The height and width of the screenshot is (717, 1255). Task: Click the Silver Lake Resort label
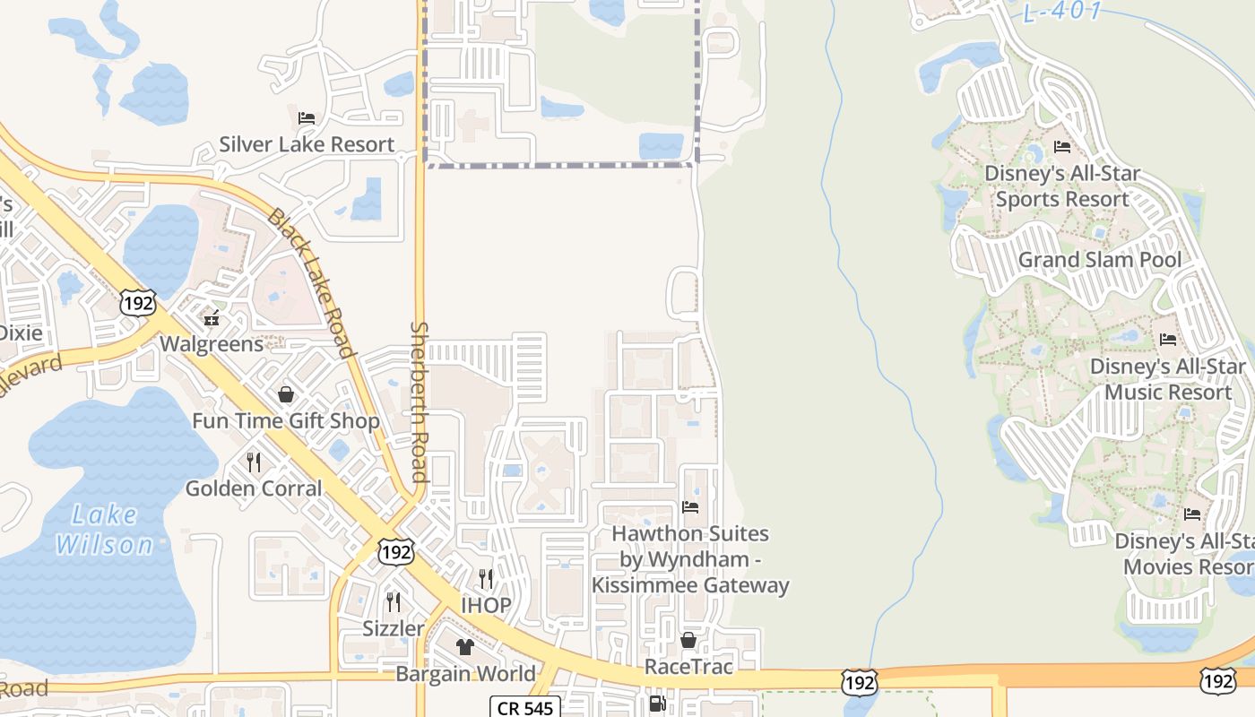click(307, 144)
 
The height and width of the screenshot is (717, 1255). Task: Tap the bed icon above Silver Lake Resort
click(307, 117)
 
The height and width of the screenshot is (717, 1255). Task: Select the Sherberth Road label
click(419, 402)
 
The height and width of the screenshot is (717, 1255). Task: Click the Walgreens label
click(212, 344)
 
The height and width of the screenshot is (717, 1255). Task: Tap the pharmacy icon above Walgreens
click(212, 318)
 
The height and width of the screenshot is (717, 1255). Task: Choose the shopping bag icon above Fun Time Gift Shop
click(286, 394)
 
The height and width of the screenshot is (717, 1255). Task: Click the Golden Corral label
click(254, 488)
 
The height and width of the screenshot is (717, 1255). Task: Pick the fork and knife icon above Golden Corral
click(254, 462)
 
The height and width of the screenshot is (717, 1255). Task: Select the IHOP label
click(486, 605)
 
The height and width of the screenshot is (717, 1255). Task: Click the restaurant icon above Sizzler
click(393, 601)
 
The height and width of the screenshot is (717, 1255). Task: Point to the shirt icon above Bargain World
click(464, 647)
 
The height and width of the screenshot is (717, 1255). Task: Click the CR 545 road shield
click(525, 707)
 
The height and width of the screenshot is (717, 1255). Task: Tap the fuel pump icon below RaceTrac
click(657, 704)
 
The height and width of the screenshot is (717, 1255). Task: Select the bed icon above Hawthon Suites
click(689, 507)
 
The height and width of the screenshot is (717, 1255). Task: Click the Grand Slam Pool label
click(1099, 260)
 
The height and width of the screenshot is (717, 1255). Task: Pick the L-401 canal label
click(1062, 13)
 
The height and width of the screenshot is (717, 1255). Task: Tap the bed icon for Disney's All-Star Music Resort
click(1167, 340)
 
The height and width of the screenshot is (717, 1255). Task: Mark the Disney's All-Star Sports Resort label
click(1062, 186)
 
